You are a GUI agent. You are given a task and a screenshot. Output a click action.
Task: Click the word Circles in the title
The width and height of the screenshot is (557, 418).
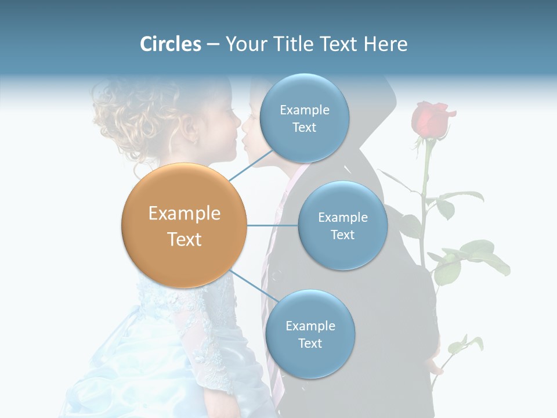click(171, 44)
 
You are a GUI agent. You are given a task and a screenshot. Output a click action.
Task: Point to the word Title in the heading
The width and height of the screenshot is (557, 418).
click(294, 44)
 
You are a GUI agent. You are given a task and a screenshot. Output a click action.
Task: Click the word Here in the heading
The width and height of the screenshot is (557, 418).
click(385, 44)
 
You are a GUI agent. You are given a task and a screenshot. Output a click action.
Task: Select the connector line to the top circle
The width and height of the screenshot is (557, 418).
click(251, 165)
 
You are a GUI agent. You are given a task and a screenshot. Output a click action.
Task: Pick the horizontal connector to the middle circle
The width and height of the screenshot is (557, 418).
click(273, 225)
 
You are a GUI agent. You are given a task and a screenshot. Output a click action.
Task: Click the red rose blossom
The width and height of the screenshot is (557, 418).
click(431, 118)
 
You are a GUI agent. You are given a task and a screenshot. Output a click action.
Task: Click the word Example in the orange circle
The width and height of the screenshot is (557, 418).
click(184, 214)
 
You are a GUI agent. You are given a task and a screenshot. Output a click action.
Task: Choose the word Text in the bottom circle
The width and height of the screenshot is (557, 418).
click(310, 343)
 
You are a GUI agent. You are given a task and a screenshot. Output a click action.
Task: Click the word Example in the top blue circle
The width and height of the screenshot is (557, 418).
click(304, 110)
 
